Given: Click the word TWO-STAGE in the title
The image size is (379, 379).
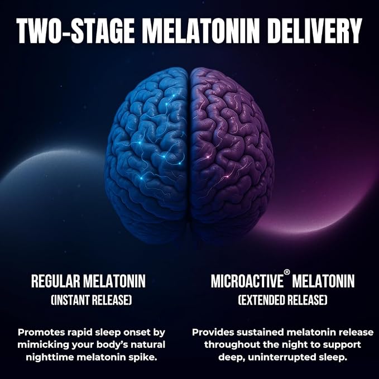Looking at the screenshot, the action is tap(75, 31).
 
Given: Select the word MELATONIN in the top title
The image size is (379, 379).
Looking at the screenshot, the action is tap(201, 31).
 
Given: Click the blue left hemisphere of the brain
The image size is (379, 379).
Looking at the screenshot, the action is tap(147, 155).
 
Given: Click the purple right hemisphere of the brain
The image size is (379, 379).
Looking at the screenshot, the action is tap(232, 155).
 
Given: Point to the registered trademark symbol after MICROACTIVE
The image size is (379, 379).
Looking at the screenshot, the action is tap(287, 272).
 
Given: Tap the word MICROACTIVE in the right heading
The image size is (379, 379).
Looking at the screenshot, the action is tap(247, 281).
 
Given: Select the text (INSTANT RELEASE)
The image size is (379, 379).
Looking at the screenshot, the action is tap(92, 300).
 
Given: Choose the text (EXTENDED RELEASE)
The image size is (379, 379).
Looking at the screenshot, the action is tap(282, 300).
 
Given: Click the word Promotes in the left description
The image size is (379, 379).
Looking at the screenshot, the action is tap(41, 332).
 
